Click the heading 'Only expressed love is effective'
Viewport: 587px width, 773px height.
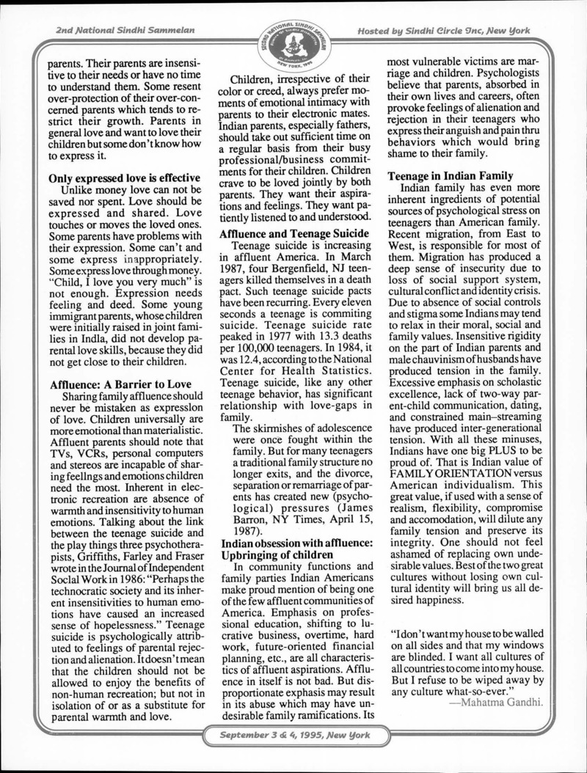[x=124, y=178]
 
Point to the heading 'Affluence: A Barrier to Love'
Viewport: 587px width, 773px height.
[x=120, y=384]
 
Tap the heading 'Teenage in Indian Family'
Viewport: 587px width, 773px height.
[x=451, y=176]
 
